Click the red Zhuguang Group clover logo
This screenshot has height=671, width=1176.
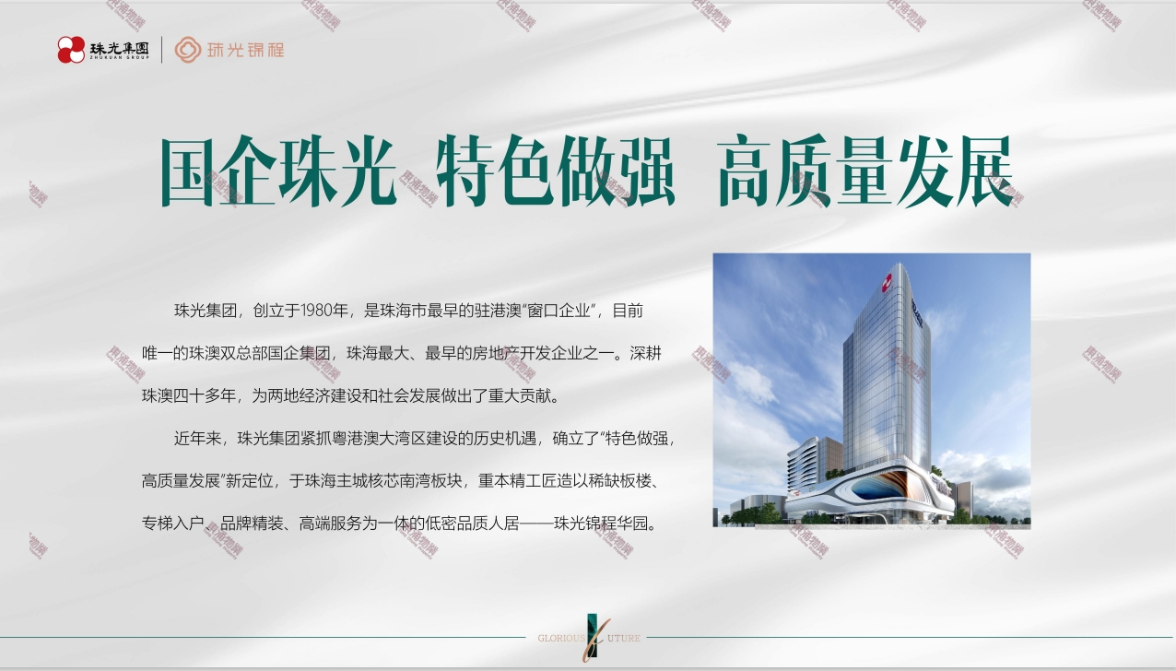coord(71,50)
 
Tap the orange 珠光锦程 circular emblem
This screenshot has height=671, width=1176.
coord(187,50)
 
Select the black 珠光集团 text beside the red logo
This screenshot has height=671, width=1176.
coord(120,49)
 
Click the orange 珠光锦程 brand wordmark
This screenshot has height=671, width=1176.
coord(246,50)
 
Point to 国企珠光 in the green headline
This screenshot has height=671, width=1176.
coord(278,171)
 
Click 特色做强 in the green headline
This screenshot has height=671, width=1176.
coord(556,171)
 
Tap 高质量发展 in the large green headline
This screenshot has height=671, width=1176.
coord(865,171)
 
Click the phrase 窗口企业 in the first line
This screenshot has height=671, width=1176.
coord(559,311)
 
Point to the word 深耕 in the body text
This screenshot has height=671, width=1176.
coord(645,353)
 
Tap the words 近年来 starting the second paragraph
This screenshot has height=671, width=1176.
coord(197,439)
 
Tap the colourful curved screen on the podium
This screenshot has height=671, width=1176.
coord(880,486)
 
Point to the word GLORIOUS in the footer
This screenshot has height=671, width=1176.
coord(560,638)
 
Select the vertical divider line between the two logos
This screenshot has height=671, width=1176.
coord(161,50)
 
